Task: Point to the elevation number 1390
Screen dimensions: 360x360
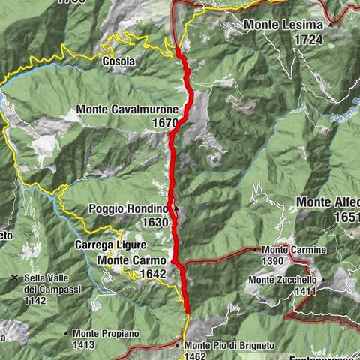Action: tap(273, 260)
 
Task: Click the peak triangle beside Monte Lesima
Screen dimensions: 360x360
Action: tap(331, 25)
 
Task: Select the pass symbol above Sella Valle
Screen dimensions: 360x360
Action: tap(14, 277)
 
